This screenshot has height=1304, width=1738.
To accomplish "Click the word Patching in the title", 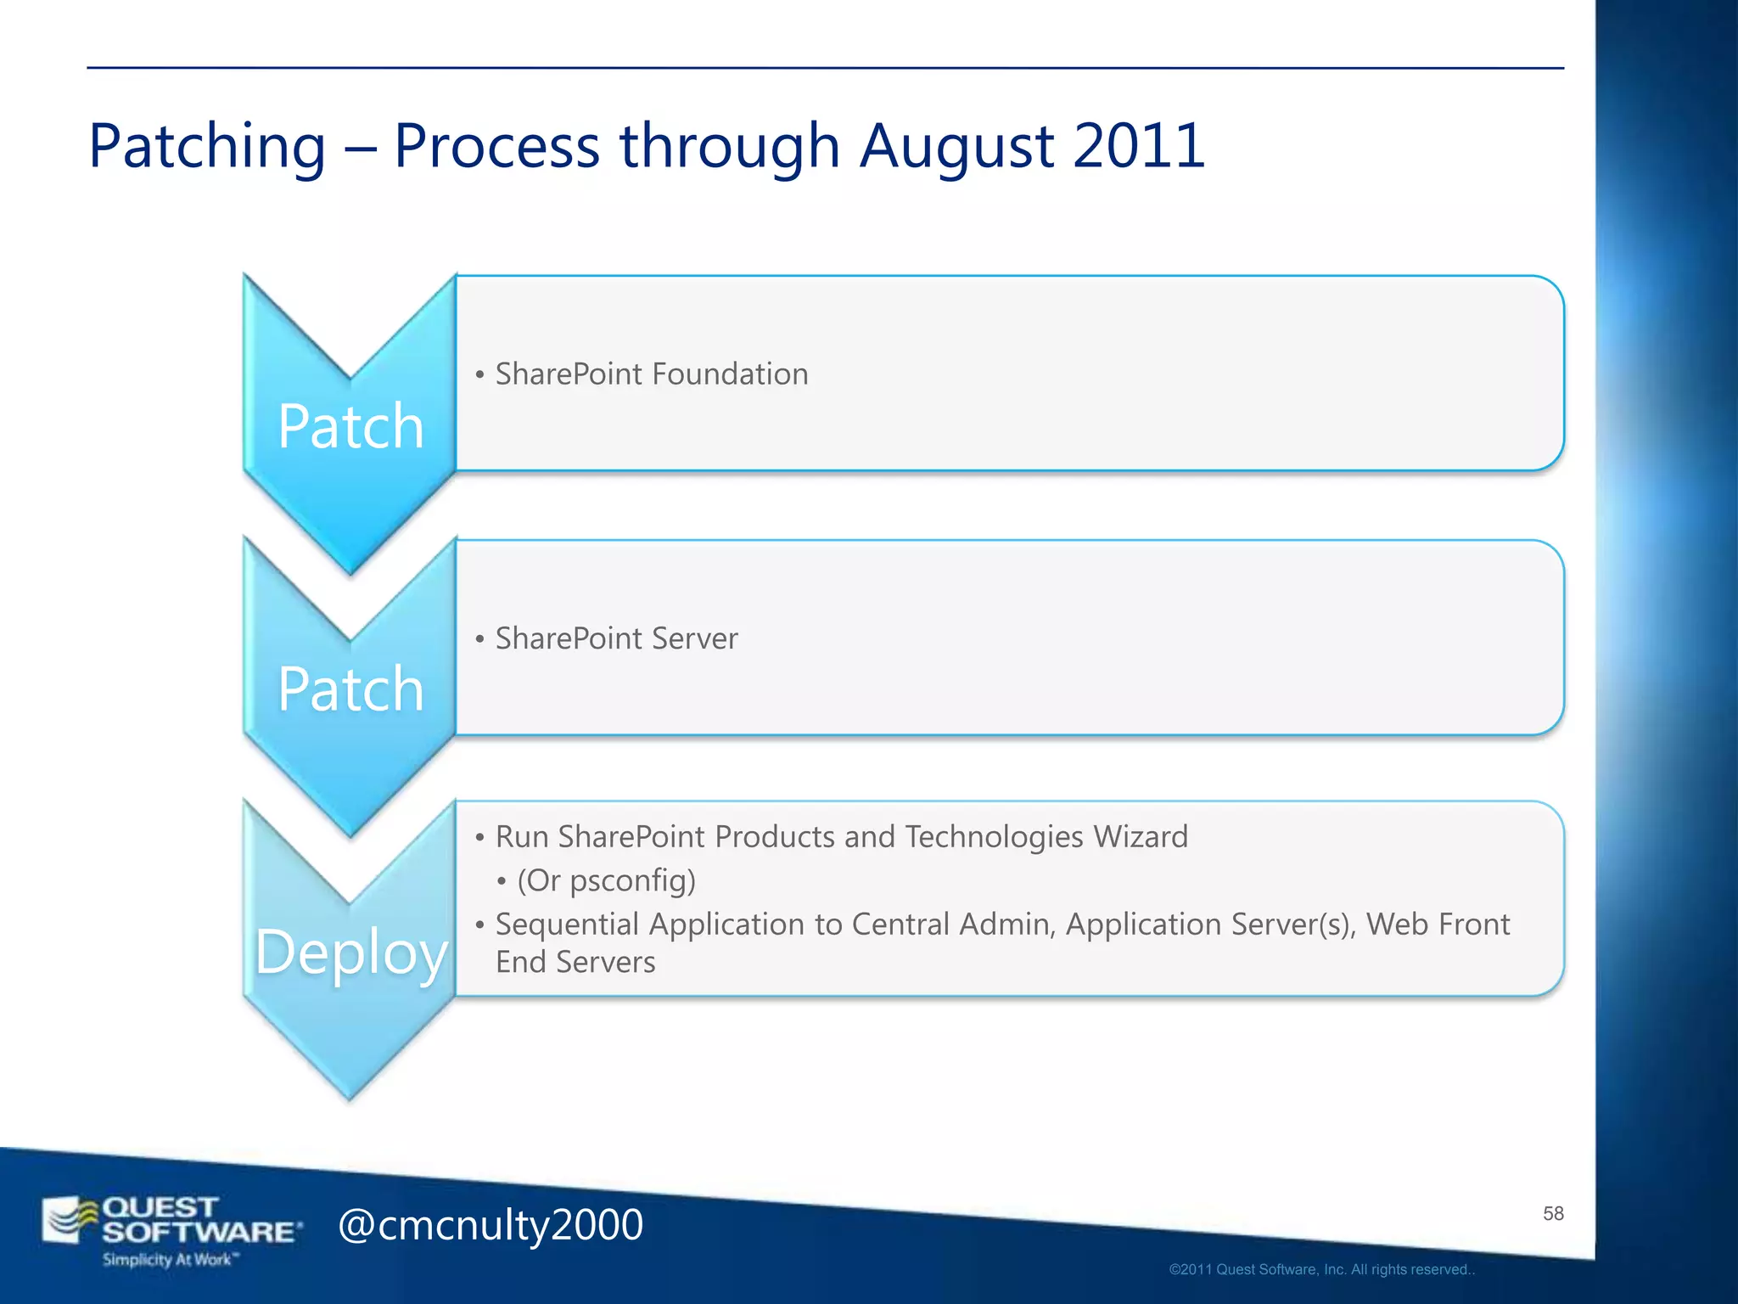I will tap(207, 146).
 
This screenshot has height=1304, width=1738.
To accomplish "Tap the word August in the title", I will tap(956, 146).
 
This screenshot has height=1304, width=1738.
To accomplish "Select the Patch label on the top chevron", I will tap(350, 426).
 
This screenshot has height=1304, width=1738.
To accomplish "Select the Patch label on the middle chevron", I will tap(350, 689).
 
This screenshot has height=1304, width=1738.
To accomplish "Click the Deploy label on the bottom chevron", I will tap(350, 952).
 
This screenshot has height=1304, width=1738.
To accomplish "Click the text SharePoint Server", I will tap(616, 638).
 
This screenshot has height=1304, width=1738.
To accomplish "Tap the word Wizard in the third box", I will tap(1141, 837).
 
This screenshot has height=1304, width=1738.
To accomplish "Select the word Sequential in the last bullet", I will tap(567, 924).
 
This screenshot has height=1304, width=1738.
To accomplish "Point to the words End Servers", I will tap(575, 962).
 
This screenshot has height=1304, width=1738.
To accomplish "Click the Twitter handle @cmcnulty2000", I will tap(491, 1225).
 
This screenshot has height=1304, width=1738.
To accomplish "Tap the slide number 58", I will tap(1553, 1213).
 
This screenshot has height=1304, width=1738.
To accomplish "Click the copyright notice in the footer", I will tap(1322, 1269).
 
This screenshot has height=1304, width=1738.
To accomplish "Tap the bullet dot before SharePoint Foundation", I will tap(479, 374).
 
